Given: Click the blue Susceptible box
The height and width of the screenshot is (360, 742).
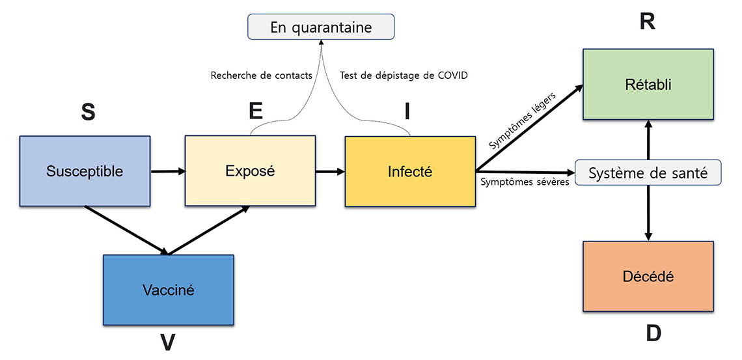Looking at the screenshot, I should [x=85, y=172].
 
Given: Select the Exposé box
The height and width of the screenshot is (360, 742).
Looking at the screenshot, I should [x=250, y=172].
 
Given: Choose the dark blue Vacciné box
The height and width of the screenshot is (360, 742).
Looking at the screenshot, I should [x=168, y=290].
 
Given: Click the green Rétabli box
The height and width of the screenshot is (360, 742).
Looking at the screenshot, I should [x=648, y=85].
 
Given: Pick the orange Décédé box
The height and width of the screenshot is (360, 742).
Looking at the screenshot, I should [x=648, y=277].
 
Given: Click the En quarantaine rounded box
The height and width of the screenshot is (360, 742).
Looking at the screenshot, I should [x=321, y=27].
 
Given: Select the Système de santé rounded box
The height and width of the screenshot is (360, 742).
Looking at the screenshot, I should [x=648, y=173].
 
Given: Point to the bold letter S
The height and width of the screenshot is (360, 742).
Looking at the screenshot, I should [x=88, y=113].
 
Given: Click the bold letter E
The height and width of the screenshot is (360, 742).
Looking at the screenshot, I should [x=256, y=111].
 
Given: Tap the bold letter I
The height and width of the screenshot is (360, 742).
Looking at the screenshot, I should [x=407, y=113].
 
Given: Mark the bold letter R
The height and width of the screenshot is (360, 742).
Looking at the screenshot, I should [x=647, y=22].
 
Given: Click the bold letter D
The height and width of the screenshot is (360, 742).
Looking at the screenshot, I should [x=653, y=333].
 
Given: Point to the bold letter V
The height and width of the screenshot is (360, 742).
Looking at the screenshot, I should [x=168, y=342].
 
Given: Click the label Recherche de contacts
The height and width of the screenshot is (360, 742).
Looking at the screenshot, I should [x=262, y=76].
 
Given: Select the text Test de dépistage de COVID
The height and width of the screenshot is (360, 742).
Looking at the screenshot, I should [x=404, y=76].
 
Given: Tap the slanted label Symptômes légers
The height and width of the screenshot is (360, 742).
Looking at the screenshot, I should [x=522, y=122].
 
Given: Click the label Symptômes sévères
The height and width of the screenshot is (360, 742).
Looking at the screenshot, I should [x=525, y=182].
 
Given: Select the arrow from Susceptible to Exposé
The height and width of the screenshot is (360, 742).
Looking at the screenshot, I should [x=168, y=172].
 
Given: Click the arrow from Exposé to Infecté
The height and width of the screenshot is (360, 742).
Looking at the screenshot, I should [x=330, y=173].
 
